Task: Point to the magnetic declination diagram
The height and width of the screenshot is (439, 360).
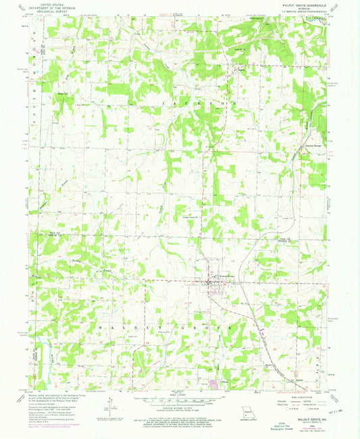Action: click(x=108, y=404)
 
